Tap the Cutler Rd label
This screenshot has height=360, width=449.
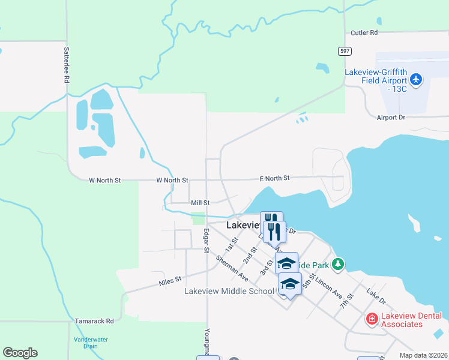click(x=364, y=32)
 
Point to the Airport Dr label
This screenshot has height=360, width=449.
click(x=391, y=118)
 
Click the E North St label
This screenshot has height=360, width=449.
click(x=275, y=178)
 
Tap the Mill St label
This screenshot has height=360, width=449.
click(x=200, y=203)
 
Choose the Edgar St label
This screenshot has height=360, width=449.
click(x=206, y=241)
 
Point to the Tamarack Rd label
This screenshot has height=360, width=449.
click(x=94, y=321)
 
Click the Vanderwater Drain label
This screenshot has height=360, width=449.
click(x=91, y=343)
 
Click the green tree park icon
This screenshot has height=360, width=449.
click(x=339, y=264)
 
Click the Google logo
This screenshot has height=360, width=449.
click(x=20, y=353)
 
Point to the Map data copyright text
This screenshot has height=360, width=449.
click(x=424, y=355)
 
